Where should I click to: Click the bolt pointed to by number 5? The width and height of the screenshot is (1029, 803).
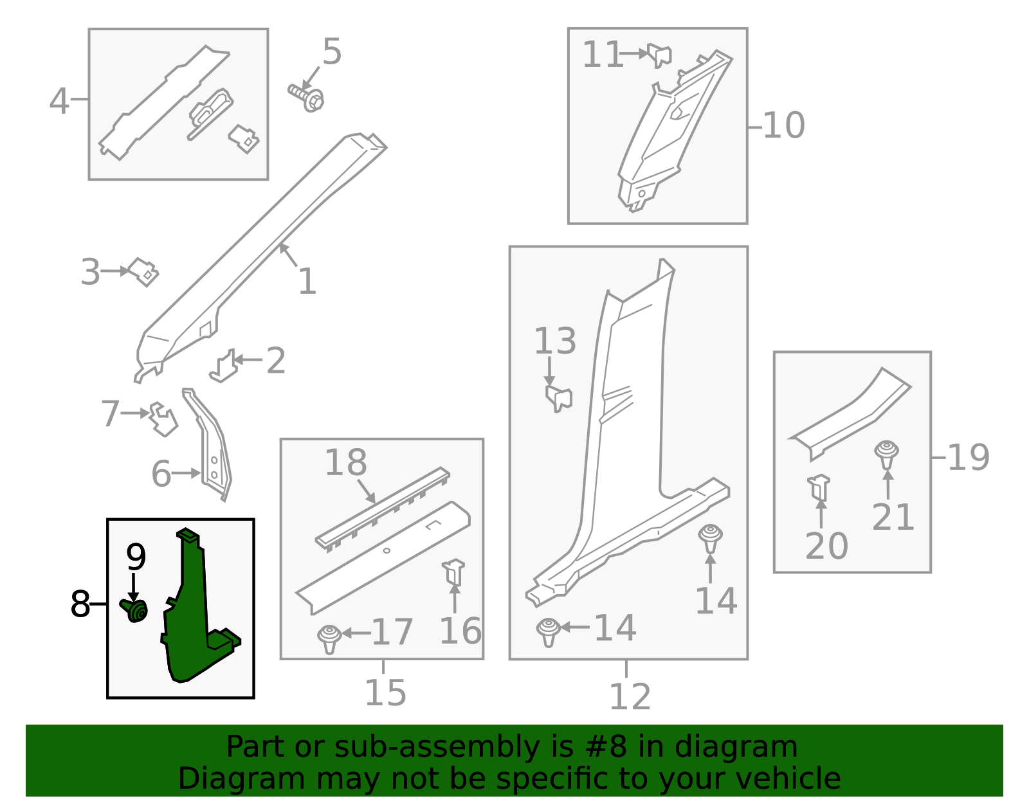pos(306,98)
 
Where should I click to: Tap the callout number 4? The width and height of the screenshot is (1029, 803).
pos(59,102)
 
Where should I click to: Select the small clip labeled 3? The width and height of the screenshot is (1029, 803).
pos(143,271)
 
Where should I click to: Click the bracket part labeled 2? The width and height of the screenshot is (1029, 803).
pos(223,366)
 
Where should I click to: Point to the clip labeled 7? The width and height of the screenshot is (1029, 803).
pos(163,419)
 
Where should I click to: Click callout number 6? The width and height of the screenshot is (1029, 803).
pos(161,474)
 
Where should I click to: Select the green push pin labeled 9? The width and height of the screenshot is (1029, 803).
pos(134,610)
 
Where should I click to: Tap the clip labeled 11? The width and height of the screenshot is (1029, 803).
pos(660,55)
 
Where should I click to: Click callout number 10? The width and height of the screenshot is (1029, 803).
pos(784,126)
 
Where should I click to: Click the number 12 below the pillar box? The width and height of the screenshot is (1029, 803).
pos(630,696)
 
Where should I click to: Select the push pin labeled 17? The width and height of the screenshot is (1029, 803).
pos(329,639)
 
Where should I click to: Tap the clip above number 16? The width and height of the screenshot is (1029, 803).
pos(453,572)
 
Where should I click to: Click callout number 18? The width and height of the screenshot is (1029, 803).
pos(346,462)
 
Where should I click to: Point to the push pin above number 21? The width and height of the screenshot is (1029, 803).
pos(886,455)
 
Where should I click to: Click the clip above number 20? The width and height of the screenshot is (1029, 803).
pos(819,488)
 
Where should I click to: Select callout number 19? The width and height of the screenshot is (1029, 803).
pos(969,458)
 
